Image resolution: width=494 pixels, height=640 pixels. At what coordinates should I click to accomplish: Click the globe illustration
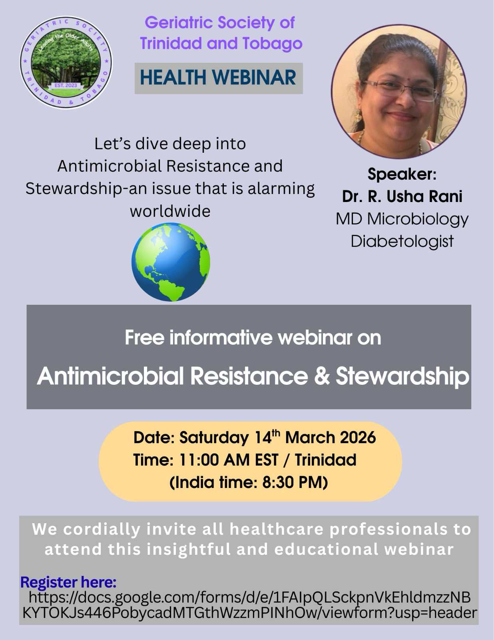point(171,262)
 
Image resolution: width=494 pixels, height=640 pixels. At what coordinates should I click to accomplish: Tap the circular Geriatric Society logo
point(66,62)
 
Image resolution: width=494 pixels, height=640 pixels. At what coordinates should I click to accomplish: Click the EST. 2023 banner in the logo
point(66,86)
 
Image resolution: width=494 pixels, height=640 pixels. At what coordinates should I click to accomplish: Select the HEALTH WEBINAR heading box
point(219,78)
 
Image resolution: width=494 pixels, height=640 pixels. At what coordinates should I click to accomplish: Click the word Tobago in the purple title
point(273,43)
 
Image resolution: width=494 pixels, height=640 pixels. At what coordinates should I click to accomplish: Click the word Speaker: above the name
point(402,174)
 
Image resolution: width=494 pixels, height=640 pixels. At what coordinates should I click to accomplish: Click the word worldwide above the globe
point(170,211)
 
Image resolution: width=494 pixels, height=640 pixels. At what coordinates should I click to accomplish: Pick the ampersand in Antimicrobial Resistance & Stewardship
point(322,376)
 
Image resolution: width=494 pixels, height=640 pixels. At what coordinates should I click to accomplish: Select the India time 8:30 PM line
point(249,482)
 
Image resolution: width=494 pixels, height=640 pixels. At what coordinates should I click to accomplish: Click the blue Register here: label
point(69,582)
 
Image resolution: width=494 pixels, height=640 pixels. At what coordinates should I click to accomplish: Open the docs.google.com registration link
point(249,605)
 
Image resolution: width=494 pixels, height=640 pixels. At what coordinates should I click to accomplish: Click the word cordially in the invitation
point(102,529)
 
